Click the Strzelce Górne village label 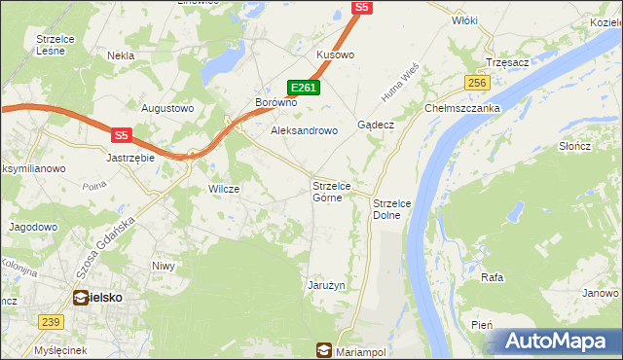coord(338,191)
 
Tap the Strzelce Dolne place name coord(394,208)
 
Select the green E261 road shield coord(305,88)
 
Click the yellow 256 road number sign coord(476,84)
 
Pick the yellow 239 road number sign coord(52,321)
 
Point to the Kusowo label coord(335,55)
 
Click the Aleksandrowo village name coord(304,129)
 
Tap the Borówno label coord(274,102)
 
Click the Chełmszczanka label coord(461,109)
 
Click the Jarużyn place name coord(326,285)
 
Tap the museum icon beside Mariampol coord(323,350)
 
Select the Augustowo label coord(168,108)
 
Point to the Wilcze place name coord(224,189)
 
